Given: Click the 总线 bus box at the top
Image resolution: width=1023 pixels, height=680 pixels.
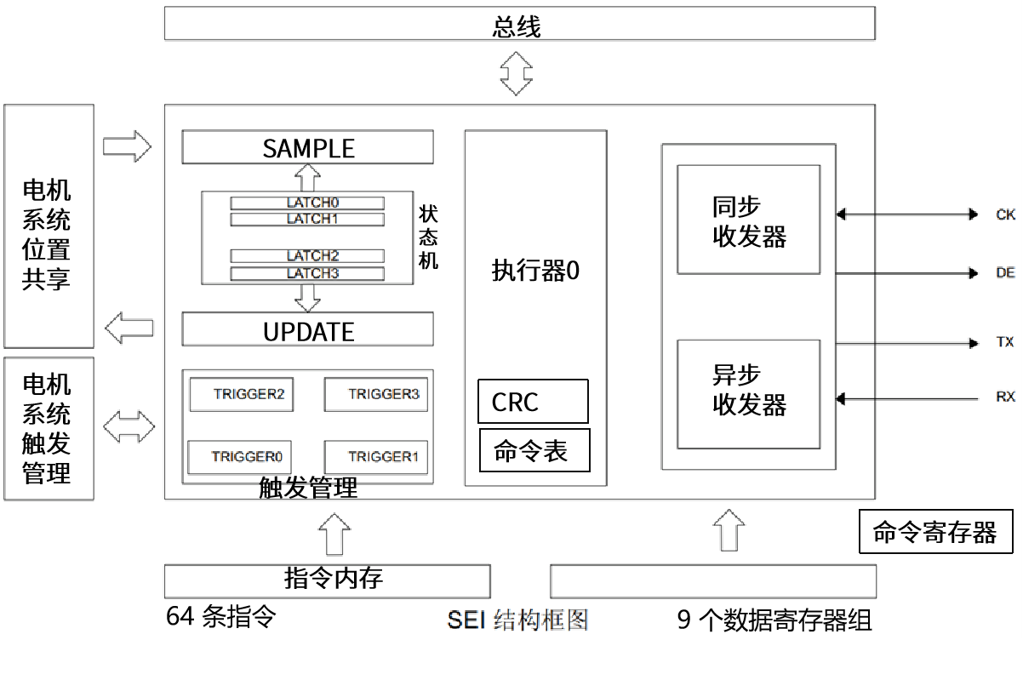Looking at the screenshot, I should coord(519,24).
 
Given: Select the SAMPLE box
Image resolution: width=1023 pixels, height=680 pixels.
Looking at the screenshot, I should coord(307,147).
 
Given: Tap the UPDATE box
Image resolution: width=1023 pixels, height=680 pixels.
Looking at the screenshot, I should coord(307,329).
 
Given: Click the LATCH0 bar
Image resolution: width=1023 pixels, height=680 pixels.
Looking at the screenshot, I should coord(307,203).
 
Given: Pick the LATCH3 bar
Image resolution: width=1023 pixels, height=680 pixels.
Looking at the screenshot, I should coord(307,273).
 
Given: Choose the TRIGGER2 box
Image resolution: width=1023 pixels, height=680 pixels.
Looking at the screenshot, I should coord(248,394).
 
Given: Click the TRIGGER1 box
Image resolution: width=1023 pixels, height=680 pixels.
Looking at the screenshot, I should coord(375,456).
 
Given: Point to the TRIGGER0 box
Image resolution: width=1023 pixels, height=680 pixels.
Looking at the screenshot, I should coord(240,456).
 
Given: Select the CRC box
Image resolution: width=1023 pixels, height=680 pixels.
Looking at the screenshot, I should coord(533,401).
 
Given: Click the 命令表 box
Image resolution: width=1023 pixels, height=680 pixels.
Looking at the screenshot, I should coord(535,450).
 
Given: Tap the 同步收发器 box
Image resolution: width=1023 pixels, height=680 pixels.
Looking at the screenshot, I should coord(748,220).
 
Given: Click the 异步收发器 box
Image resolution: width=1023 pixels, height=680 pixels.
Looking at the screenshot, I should coord(748,393).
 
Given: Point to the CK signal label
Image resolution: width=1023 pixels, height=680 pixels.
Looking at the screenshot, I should coord(1005,214).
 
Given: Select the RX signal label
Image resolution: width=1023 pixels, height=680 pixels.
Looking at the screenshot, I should coord(1005,397).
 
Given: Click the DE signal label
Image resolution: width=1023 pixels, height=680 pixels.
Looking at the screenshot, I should coord(1005,273).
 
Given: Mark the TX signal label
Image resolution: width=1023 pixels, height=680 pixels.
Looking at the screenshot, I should coord(1005,342).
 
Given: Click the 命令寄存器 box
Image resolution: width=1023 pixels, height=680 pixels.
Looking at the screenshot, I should coord(935,532).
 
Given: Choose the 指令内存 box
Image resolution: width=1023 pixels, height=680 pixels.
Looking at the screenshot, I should coord(327,580).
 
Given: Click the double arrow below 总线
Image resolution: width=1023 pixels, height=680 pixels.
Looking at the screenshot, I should coord(516,72).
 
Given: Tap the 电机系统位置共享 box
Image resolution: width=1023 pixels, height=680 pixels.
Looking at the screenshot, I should coord(49,226).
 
